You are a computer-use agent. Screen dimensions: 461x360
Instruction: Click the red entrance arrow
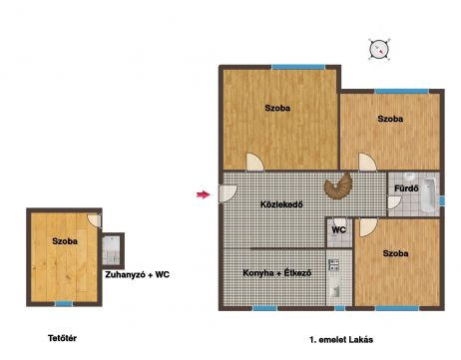(203, 194)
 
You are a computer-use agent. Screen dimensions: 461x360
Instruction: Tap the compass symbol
(379, 49)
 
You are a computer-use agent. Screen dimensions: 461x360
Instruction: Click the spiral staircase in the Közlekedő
(338, 185)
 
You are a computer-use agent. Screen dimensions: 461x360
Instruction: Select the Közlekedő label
(281, 204)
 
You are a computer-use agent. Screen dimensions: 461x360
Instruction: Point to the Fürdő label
(406, 188)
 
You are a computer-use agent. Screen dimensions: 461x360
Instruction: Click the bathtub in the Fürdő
(429, 195)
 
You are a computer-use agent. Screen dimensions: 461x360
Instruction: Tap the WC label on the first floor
(338, 229)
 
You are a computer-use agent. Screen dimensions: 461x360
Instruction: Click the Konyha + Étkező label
(277, 273)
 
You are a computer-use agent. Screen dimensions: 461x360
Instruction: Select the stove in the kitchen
(333, 264)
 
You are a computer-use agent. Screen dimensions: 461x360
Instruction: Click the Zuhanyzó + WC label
(138, 275)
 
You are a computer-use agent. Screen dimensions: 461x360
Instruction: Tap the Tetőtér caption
(62, 338)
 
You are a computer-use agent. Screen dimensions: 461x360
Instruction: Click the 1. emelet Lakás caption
(341, 340)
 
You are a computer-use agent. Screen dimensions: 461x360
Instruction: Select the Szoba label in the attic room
(65, 241)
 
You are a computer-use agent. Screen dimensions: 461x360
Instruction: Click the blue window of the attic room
(64, 303)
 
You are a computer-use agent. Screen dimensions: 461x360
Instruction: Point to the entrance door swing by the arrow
(229, 193)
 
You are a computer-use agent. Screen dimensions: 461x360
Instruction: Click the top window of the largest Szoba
(298, 67)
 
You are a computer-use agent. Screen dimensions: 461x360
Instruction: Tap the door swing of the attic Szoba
(95, 220)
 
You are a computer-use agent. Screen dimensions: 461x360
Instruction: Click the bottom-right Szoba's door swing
(368, 227)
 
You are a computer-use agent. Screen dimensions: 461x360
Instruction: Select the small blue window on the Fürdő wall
(442, 200)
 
